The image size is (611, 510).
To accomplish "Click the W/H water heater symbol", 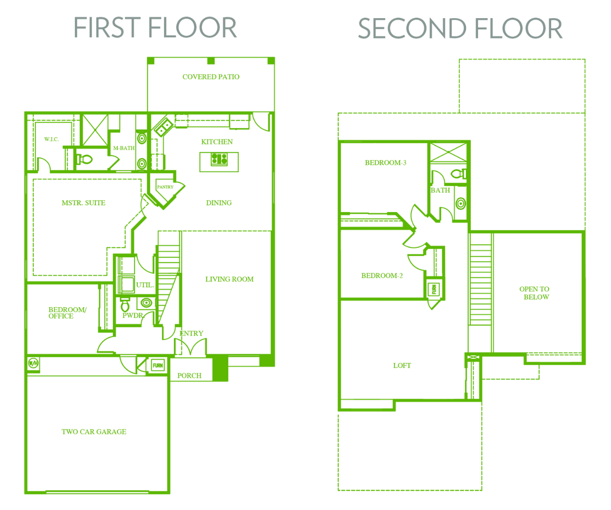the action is pyautogui.click(x=33, y=364).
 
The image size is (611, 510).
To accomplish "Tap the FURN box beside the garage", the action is pyautogui.click(x=158, y=365).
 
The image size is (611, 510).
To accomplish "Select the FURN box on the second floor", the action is pyautogui.click(x=433, y=289).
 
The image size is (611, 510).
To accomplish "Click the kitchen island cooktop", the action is pyautogui.click(x=219, y=160).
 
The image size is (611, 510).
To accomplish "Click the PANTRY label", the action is pyautogui.click(x=165, y=187).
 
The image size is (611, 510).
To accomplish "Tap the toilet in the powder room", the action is pyautogui.click(x=125, y=305).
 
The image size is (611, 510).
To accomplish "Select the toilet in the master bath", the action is pyautogui.click(x=84, y=160).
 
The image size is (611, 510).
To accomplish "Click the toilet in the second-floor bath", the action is pyautogui.click(x=458, y=174).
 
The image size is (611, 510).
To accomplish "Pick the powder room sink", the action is pyautogui.click(x=146, y=302).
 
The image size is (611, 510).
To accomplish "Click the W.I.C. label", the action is pyautogui.click(x=51, y=139).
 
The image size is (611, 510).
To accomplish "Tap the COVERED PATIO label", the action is pyautogui.click(x=211, y=77).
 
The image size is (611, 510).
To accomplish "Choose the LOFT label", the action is pyautogui.click(x=402, y=365).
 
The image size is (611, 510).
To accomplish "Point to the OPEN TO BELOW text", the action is pyautogui.click(x=535, y=293).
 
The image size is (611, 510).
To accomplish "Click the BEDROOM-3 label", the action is pyautogui.click(x=385, y=162).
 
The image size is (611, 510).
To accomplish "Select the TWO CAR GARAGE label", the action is pyautogui.click(x=94, y=431).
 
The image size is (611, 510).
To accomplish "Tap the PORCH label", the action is pyautogui.click(x=189, y=376).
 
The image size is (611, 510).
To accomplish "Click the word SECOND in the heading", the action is pyautogui.click(x=412, y=28).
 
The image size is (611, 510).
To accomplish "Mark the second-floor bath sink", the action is pyautogui.click(x=461, y=203).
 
